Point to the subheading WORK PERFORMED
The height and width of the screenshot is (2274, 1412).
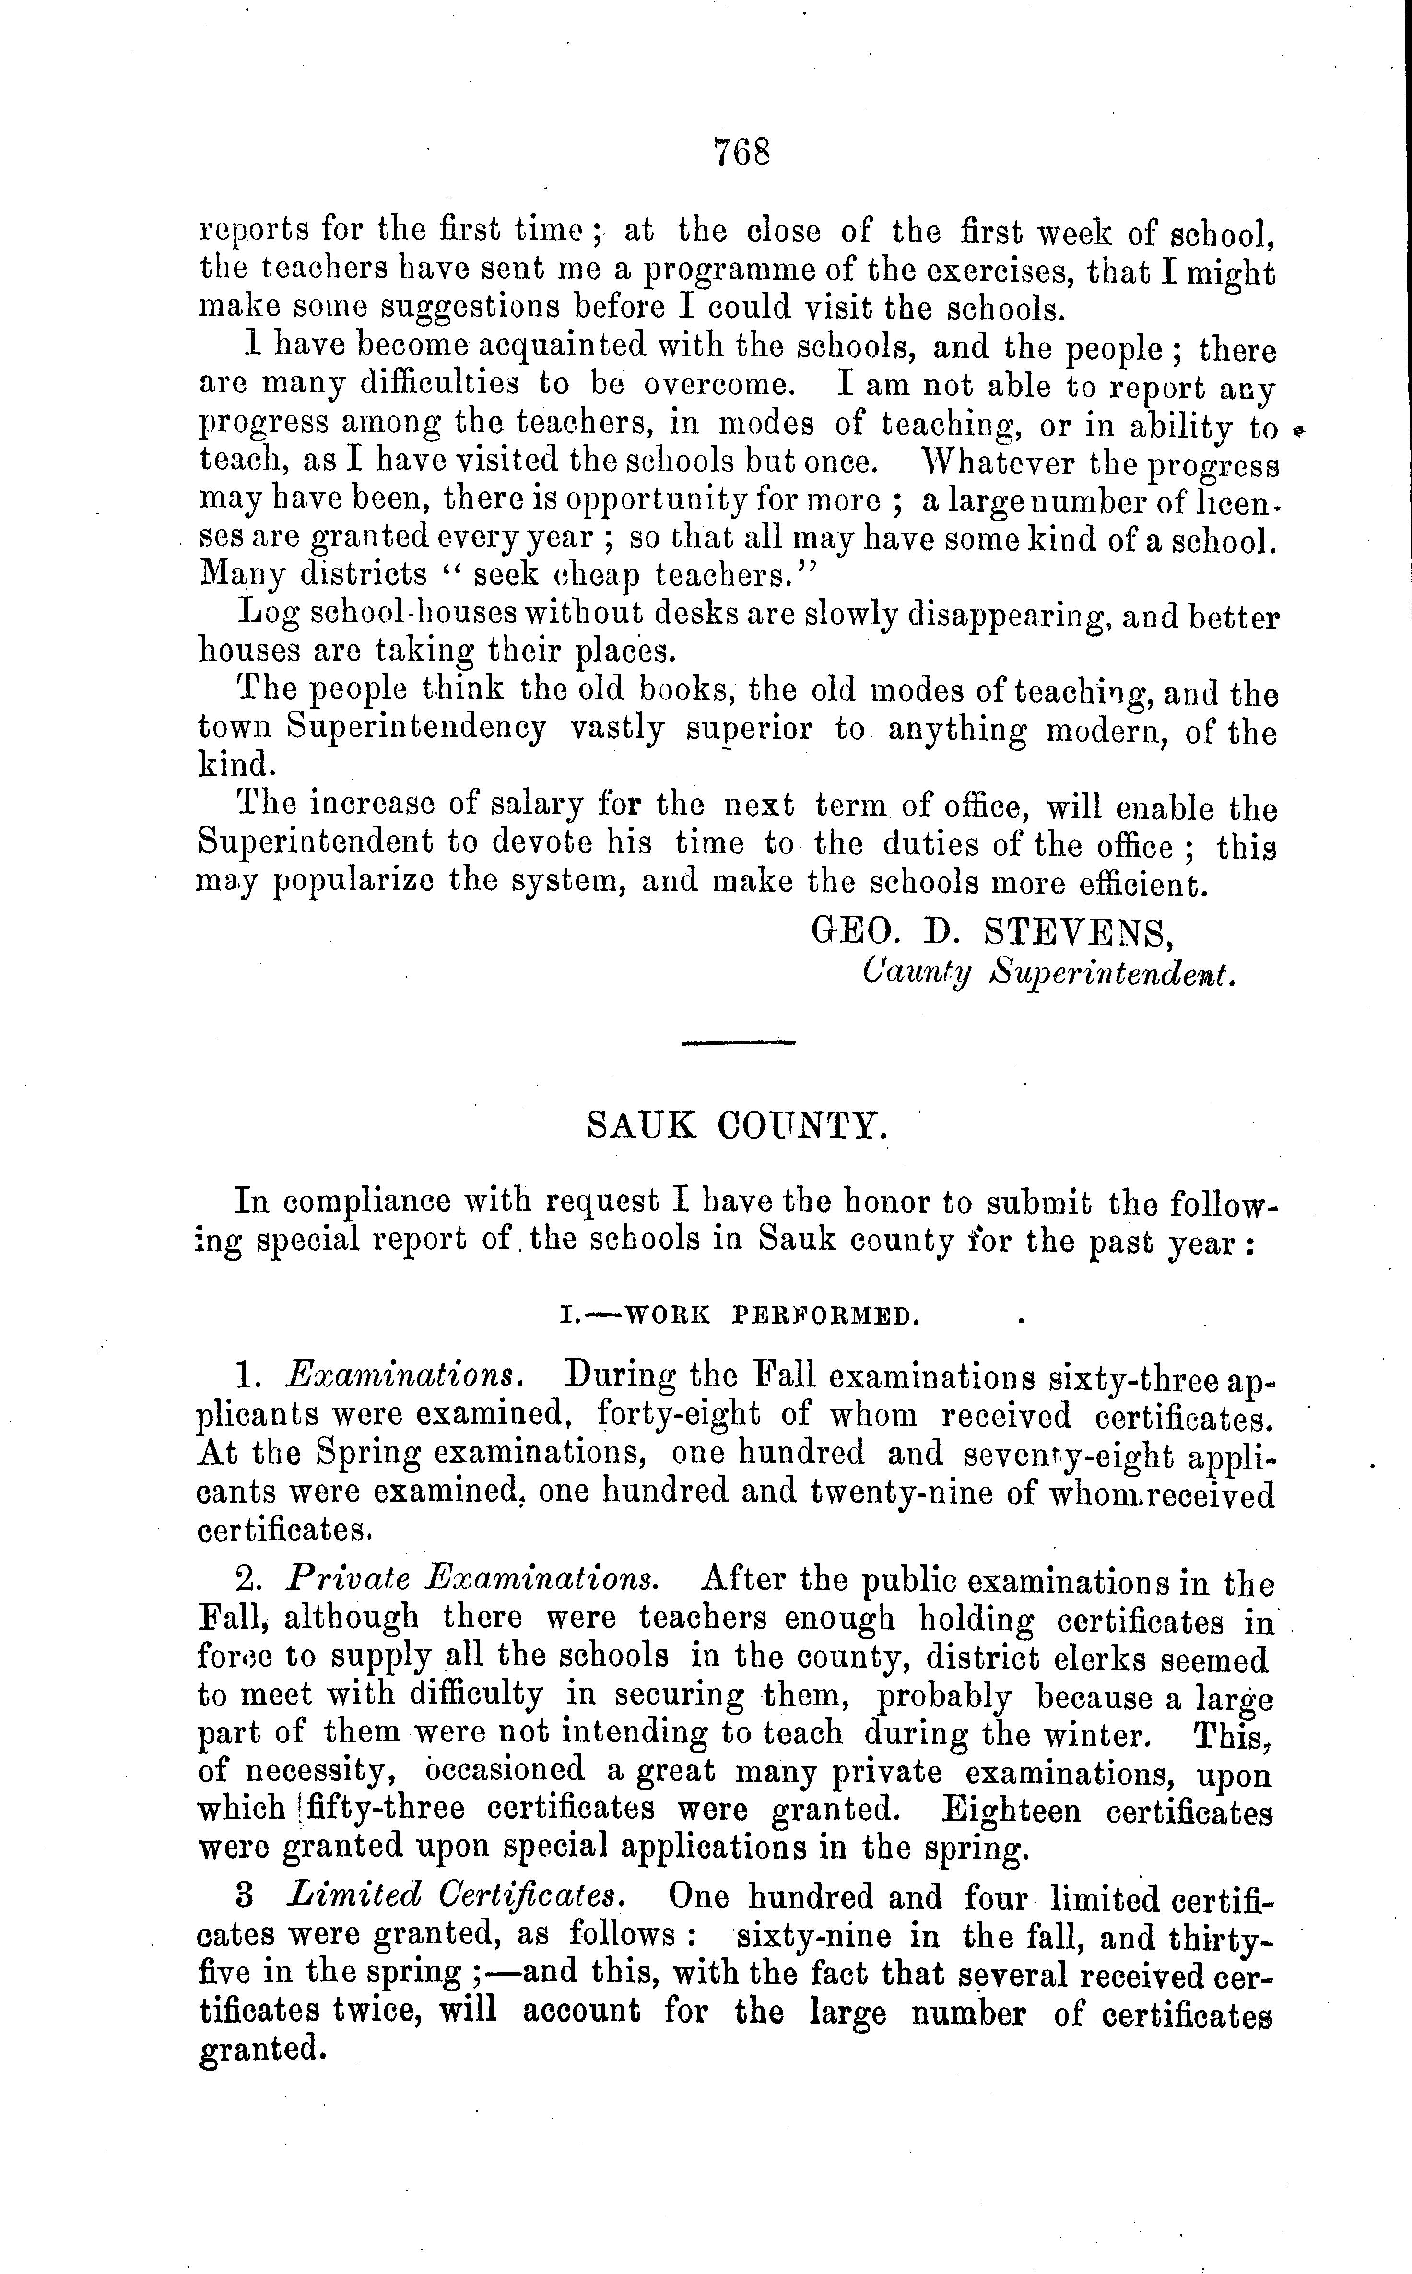(x=771, y=1317)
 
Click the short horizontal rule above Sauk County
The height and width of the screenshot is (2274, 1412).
(x=739, y=1042)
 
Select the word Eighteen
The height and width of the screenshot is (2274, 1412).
(x=1011, y=1810)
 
